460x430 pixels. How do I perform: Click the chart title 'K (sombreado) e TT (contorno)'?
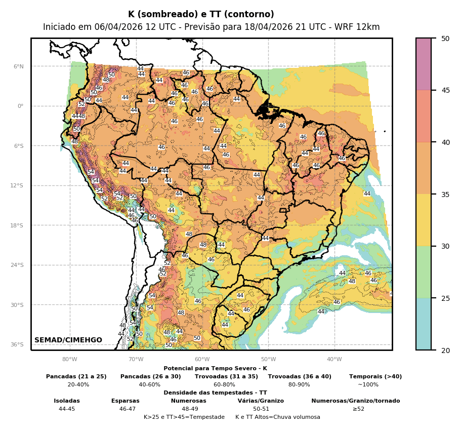(201, 14)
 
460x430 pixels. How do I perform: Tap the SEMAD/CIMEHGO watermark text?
(68, 340)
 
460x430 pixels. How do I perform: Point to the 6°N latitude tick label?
(18, 66)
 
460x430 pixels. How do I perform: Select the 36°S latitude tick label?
(17, 344)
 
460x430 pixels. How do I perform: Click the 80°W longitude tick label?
(69, 360)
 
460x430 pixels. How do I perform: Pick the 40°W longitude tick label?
(334, 360)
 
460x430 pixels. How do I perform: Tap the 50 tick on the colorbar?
(445, 38)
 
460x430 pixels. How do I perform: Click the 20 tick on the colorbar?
(445, 350)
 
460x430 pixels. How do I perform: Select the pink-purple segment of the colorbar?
(424, 64)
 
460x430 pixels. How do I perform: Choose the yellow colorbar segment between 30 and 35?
(424, 220)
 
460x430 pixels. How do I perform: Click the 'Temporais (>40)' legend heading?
(375, 376)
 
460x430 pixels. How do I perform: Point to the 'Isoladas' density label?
(67, 401)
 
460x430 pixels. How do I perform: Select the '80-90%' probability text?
(299, 384)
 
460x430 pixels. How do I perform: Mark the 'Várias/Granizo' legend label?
(261, 401)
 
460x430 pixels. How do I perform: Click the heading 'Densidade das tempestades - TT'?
(215, 393)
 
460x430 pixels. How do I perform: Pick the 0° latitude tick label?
(21, 106)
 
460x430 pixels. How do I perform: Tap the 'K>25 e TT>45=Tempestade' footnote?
(184, 417)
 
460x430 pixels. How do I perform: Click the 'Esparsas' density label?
(126, 401)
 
